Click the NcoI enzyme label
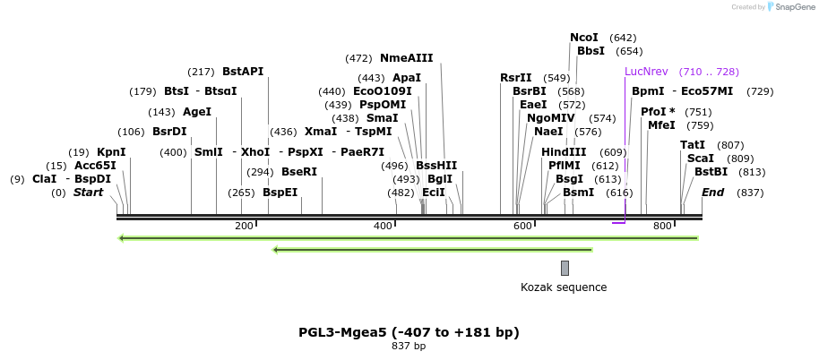point(583,38)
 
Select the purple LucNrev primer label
point(646,72)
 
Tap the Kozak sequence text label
point(564,287)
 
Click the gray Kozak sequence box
point(565,268)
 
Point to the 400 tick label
point(384,227)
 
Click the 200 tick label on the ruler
point(244,227)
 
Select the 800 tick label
point(662,227)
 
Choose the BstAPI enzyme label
point(243,72)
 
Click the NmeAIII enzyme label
point(406,58)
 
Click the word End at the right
point(712,193)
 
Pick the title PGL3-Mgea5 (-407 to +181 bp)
point(409,332)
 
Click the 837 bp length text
point(409,346)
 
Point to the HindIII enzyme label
point(564,152)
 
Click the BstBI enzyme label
point(711,172)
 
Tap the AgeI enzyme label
point(196,112)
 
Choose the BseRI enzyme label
point(299,172)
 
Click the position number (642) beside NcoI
point(623,38)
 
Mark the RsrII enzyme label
point(515,78)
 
